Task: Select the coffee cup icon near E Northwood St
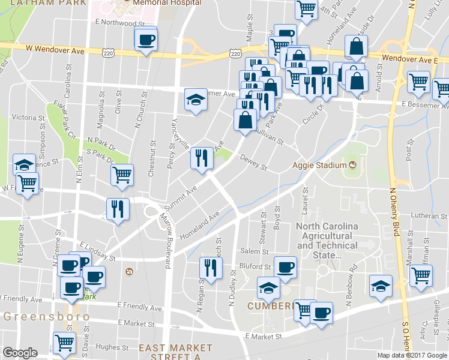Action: pyautogui.click(x=146, y=40)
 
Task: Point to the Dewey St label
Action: pyautogui.click(x=253, y=163)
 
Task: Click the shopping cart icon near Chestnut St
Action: pyautogui.click(x=122, y=175)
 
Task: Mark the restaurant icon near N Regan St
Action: pyautogui.click(x=210, y=267)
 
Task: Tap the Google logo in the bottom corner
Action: pyautogui.click(x=20, y=353)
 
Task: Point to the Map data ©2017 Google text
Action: pyautogui.click(x=412, y=355)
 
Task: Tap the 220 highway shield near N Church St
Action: pyautogui.click(x=108, y=53)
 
